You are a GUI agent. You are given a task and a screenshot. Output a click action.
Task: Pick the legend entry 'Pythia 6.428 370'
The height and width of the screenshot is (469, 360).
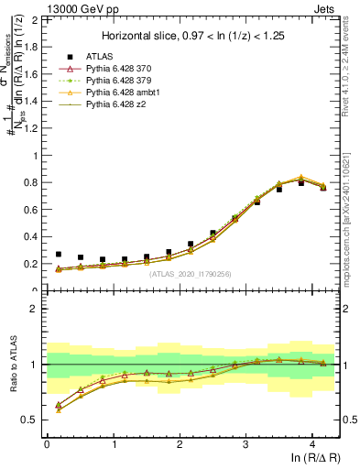click(x=128, y=70)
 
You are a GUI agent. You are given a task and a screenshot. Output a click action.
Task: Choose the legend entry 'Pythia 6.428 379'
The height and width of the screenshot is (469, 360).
click(x=128, y=82)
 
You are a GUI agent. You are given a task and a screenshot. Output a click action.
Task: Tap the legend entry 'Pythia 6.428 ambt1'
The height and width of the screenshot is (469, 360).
click(x=132, y=93)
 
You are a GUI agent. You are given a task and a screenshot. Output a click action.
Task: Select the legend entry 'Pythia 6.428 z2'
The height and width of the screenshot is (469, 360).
click(x=125, y=105)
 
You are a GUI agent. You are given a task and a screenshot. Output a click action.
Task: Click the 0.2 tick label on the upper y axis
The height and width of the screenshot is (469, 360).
click(x=32, y=264)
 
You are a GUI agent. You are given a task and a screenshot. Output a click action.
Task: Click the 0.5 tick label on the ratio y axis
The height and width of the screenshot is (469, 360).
click(x=32, y=420)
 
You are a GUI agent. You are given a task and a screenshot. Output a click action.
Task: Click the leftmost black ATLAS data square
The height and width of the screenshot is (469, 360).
click(x=59, y=255)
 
